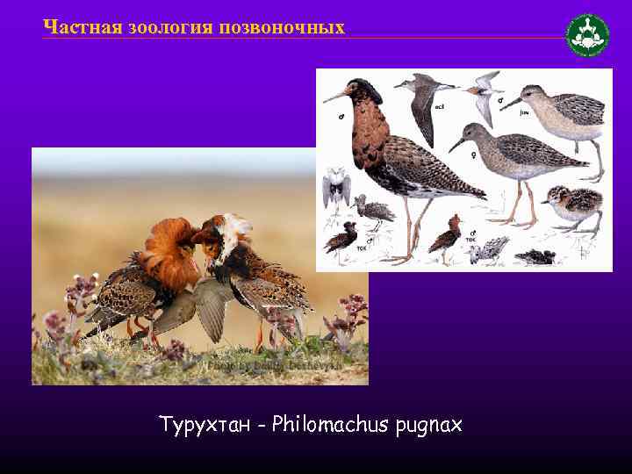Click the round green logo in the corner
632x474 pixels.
(x=587, y=36)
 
